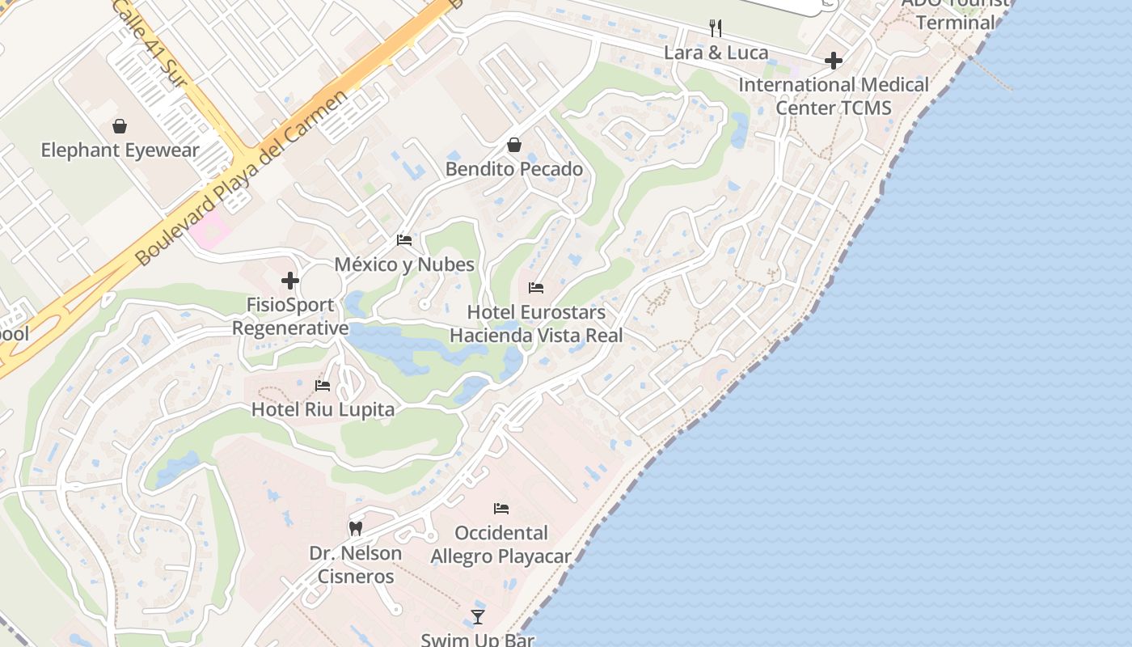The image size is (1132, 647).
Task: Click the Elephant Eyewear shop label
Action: pyautogui.click(x=120, y=150)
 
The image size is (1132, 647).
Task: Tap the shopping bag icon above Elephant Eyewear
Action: pyautogui.click(x=120, y=126)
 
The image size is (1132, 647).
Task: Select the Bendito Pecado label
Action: pyautogui.click(x=514, y=169)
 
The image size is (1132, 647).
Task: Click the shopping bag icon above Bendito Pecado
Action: pyautogui.click(x=514, y=145)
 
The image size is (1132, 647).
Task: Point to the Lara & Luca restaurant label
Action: pyautogui.click(x=716, y=53)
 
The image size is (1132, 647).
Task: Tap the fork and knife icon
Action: pyautogui.click(x=716, y=28)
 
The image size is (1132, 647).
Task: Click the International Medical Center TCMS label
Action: pyautogui.click(x=834, y=96)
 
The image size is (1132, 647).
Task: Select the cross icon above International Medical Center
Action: pyautogui.click(x=834, y=61)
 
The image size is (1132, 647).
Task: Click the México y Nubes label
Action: pyautogui.click(x=404, y=264)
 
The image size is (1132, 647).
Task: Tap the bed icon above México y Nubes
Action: pyautogui.click(x=404, y=240)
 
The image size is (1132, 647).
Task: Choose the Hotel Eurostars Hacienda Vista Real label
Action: pyautogui.click(x=536, y=323)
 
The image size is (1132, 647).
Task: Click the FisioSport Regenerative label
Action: pyautogui.click(x=290, y=316)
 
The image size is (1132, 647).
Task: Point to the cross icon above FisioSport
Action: pyautogui.click(x=290, y=281)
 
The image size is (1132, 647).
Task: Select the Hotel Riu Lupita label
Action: pyautogui.click(x=323, y=409)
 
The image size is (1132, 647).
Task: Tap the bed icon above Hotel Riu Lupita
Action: pyautogui.click(x=323, y=385)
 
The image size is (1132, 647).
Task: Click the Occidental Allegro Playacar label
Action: pyautogui.click(x=501, y=544)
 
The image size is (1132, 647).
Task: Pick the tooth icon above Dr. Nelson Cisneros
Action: pyautogui.click(x=355, y=529)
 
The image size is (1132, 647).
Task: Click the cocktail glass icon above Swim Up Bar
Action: pyautogui.click(x=478, y=617)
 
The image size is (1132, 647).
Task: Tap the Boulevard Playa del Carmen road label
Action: pyautogui.click(x=243, y=178)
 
